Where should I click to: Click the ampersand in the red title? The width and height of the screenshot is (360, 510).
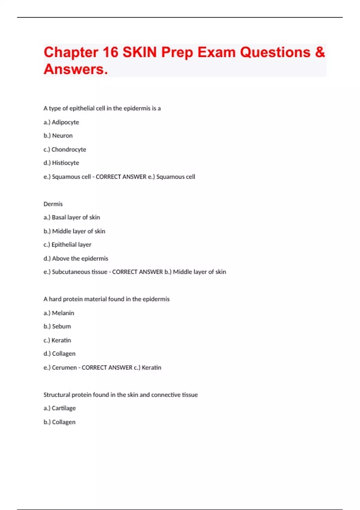[x=320, y=52]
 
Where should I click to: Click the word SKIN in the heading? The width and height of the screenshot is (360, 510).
[x=139, y=52]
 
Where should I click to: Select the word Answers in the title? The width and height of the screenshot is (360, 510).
[x=76, y=69]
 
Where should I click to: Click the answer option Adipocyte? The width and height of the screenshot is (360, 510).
[x=65, y=122]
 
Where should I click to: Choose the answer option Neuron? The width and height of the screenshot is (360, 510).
[x=62, y=136]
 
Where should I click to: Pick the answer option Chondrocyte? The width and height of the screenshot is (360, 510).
[x=69, y=149]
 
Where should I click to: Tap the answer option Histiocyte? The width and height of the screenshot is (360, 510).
[x=65, y=163]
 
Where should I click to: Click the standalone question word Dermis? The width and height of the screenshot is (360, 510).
[x=53, y=204]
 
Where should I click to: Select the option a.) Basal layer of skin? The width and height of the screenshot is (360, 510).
[x=72, y=217]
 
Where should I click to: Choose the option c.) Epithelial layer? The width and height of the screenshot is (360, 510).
[x=67, y=245]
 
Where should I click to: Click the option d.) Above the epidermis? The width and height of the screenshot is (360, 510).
[x=76, y=259]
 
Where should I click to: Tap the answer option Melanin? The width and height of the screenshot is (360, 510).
[x=63, y=313]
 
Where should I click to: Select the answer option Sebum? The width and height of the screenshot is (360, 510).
[x=61, y=326]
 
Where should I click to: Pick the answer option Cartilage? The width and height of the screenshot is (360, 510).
[x=64, y=408]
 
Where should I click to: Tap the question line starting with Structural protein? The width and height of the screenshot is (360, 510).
[x=121, y=395]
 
